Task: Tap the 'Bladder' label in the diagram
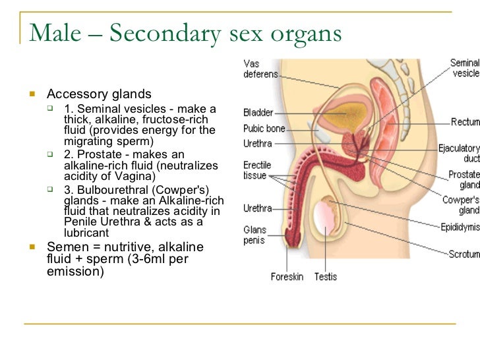[x=258, y=113]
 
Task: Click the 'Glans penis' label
[x=255, y=235]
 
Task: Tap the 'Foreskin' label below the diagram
[x=287, y=277]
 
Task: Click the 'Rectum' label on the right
[x=465, y=122]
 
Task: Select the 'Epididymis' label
[x=460, y=227]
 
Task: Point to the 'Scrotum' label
[x=464, y=254]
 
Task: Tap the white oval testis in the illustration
[x=324, y=221]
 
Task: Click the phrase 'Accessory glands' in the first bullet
[x=99, y=94]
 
